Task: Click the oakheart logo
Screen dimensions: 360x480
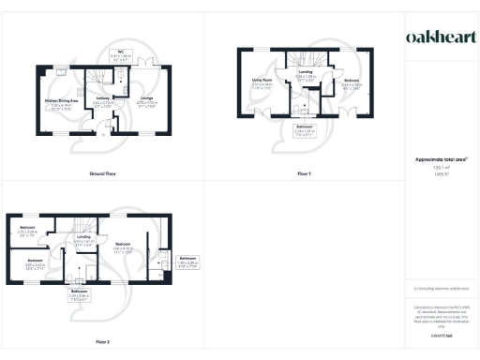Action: click(x=441, y=37)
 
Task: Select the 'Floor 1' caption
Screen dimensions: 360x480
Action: click(x=304, y=175)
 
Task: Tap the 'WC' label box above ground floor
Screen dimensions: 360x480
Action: click(x=121, y=54)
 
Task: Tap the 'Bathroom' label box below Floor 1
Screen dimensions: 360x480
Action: click(x=305, y=129)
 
